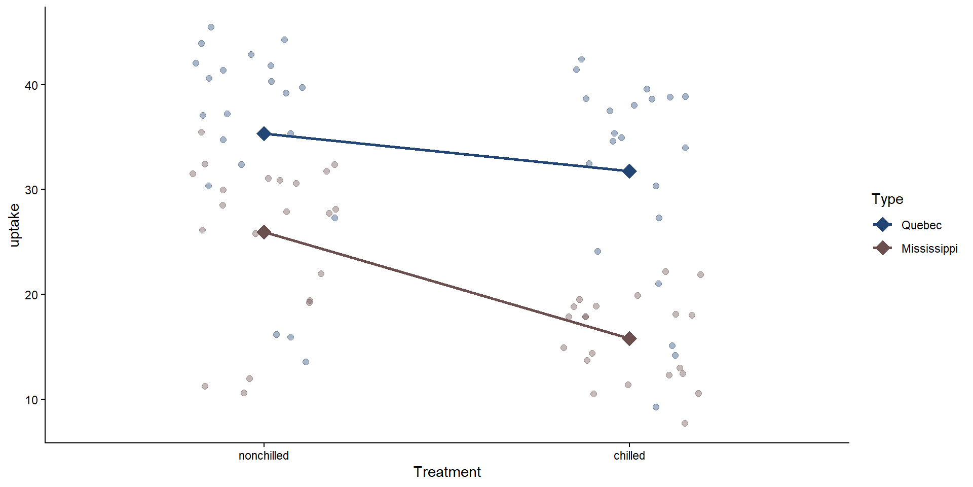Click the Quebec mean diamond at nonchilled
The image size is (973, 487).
[x=264, y=134]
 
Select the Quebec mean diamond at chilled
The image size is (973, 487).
[x=629, y=171]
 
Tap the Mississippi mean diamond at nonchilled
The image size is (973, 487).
[x=264, y=232]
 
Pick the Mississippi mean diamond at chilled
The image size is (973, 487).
[x=629, y=339]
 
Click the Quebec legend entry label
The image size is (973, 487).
[x=921, y=225]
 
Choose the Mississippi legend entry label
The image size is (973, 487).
[x=929, y=249]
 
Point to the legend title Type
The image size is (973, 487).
[x=887, y=199]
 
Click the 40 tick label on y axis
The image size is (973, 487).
[x=31, y=85]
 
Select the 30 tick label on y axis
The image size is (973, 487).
[x=31, y=190]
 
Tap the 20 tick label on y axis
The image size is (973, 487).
[x=31, y=295]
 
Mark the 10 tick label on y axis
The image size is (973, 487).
[x=31, y=400]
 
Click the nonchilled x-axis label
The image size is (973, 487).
[x=264, y=456]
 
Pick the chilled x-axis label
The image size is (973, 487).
[x=629, y=456]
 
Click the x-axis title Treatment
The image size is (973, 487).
[x=447, y=472]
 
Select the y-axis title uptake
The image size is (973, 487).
[x=14, y=225]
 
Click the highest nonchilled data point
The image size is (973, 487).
[x=211, y=27]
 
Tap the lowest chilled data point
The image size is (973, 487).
[x=685, y=423]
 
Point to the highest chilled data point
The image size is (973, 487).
[x=581, y=59]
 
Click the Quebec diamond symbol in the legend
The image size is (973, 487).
[x=883, y=225]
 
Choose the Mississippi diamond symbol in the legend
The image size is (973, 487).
[x=883, y=248]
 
